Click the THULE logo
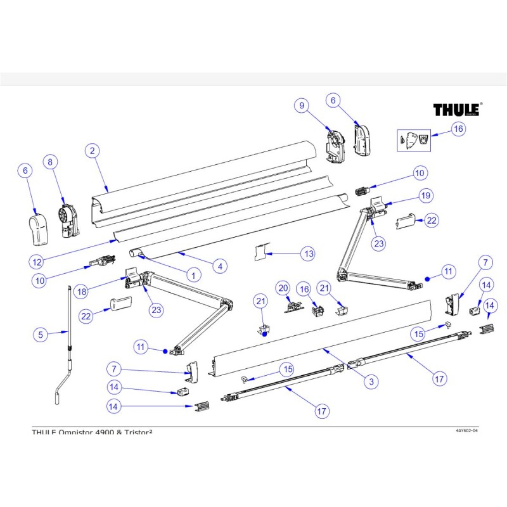click(x=456, y=110)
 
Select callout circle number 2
click(x=93, y=150)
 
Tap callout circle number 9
click(x=302, y=106)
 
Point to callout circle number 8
click(x=50, y=162)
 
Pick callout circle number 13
click(x=307, y=254)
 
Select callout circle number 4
click(x=219, y=267)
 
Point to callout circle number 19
click(x=424, y=195)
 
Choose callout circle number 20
click(x=283, y=288)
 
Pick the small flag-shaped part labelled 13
click(x=259, y=252)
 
